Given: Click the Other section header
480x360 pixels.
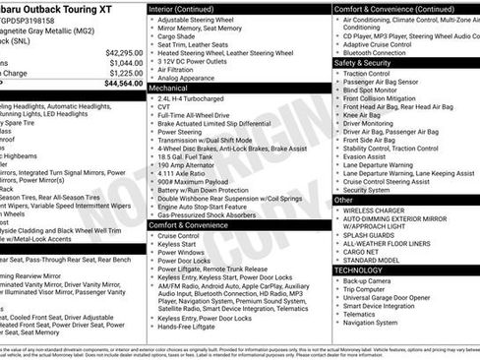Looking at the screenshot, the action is click(x=343, y=200).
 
